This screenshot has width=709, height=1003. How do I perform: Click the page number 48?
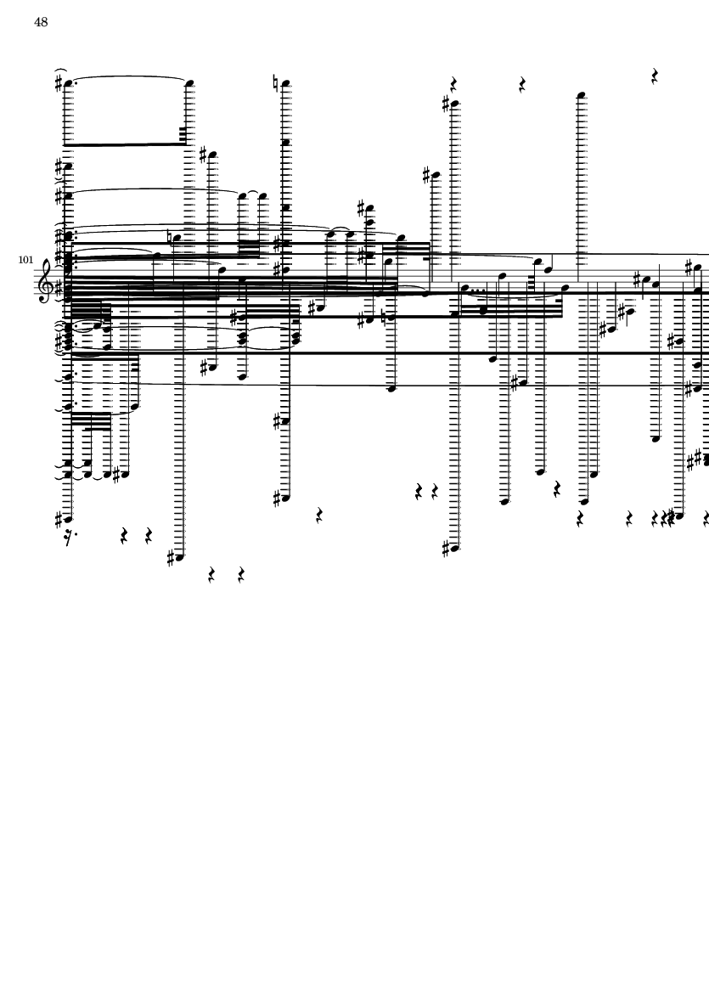tap(41, 22)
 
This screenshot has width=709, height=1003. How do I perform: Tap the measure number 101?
tap(25, 261)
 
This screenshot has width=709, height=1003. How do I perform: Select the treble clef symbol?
tap(46, 280)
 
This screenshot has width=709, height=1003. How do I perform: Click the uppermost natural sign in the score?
tap(276, 82)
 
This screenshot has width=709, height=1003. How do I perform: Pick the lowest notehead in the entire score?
tap(181, 557)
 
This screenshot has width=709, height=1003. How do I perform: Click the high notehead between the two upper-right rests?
tap(581, 96)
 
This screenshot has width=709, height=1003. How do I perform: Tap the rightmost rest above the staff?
tap(655, 76)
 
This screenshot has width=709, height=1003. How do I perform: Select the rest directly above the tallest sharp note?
tap(453, 84)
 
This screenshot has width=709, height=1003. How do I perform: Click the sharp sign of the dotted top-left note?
tap(59, 84)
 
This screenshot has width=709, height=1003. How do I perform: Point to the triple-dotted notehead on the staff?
tap(464, 287)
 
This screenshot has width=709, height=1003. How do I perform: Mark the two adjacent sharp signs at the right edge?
tap(695, 460)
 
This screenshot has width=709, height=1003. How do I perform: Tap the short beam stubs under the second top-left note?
tap(183, 134)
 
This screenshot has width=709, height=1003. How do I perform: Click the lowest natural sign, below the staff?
tap(383, 318)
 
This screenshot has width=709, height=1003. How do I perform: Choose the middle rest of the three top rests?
tap(522, 84)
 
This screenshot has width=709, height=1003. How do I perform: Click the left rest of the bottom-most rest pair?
tap(211, 576)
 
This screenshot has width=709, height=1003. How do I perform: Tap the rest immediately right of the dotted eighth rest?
tap(124, 536)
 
